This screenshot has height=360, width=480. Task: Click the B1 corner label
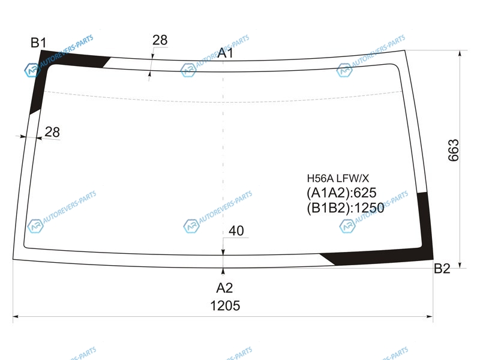(38, 43)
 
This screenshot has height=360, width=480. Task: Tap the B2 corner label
(442, 268)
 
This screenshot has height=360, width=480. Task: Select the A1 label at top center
(225, 53)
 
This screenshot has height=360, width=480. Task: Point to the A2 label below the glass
(224, 288)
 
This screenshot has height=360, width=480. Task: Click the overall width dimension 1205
(225, 305)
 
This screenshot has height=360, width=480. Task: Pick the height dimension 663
(454, 150)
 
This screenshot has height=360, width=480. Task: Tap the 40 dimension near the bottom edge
(236, 231)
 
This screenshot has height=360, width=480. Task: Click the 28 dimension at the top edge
(160, 40)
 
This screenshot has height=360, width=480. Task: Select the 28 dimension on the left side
(52, 132)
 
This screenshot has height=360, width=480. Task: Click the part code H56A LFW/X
(338, 178)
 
